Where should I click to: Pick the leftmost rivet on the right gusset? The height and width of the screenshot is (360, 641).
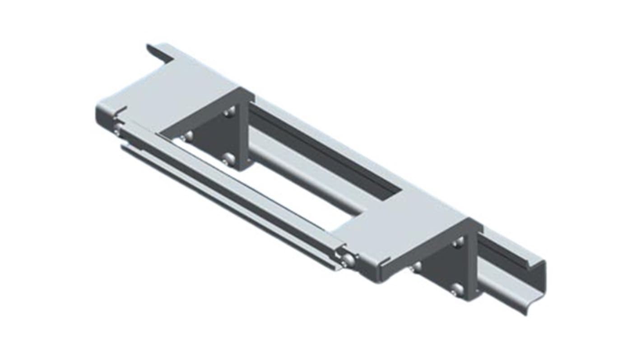pyautogui.click(x=416, y=266)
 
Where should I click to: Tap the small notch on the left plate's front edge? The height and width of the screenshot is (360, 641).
pyautogui.click(x=121, y=111)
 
